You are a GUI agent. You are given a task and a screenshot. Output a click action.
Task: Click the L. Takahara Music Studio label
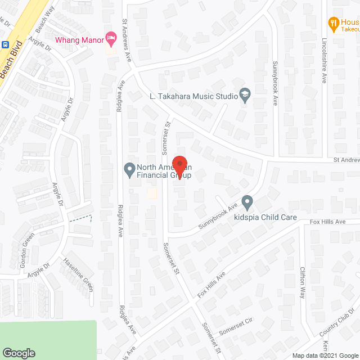(x=193, y=96)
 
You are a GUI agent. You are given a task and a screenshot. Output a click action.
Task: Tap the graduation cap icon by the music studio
(x=245, y=94)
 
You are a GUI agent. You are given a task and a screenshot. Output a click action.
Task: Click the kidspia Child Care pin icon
(x=247, y=201)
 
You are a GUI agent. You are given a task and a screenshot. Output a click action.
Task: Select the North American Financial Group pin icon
(x=129, y=168)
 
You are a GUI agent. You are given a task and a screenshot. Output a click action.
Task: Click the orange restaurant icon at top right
(x=332, y=23)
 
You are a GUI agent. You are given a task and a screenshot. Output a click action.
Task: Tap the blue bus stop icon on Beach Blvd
(x=5, y=44)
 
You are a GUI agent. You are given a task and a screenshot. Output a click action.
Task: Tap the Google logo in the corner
(x=18, y=353)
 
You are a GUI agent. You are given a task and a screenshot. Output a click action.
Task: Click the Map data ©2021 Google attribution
(x=325, y=355)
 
